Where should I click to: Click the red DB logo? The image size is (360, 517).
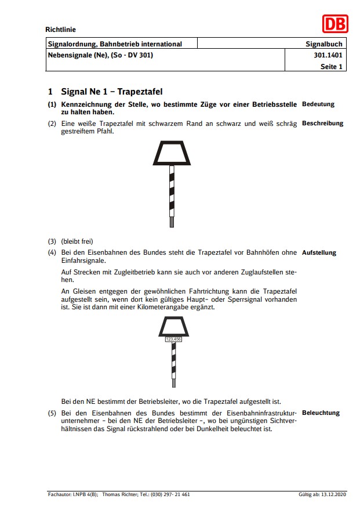tap(335, 24)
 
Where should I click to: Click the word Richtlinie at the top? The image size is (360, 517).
tap(60, 30)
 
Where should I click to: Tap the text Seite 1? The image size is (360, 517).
tap(332, 67)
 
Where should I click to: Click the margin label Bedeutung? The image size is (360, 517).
tap(318, 104)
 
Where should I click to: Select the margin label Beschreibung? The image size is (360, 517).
tap(322, 123)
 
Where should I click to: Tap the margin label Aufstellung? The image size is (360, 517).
tap(319, 253)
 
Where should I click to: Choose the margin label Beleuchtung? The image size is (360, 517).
tap(321, 413)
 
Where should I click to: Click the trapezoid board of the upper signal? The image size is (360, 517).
tap(172, 154)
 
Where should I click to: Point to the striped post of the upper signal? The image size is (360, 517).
tap(172, 194)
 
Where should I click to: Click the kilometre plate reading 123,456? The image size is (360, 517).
tap(174, 339)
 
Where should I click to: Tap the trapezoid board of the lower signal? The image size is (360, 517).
tap(174, 327)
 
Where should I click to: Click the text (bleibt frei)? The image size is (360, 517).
tap(77, 241)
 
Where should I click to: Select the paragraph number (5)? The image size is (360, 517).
tap(52, 413)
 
